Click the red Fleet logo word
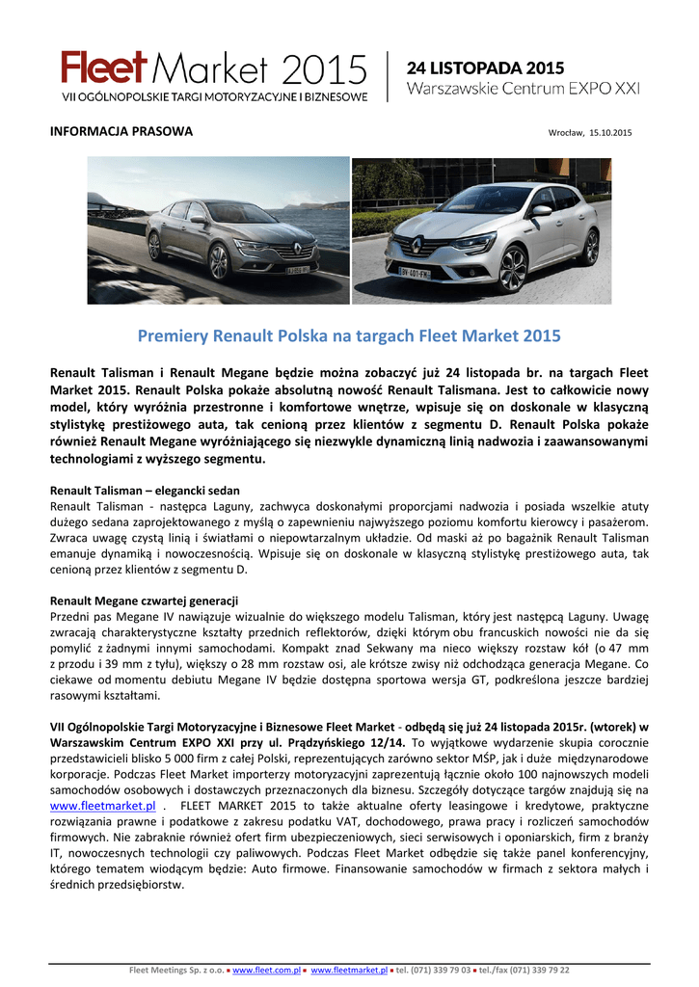click(x=103, y=69)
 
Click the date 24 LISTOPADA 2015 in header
click(x=485, y=67)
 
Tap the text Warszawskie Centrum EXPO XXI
click(x=523, y=89)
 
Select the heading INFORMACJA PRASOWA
click(x=121, y=131)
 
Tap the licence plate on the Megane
click(x=415, y=273)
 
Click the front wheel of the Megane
click(x=513, y=269)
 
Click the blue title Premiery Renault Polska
click(x=349, y=336)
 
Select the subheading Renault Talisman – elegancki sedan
click(x=145, y=491)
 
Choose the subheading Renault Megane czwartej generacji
click(x=144, y=600)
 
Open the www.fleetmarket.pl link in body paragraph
click(x=102, y=805)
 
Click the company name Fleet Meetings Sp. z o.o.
click(x=177, y=970)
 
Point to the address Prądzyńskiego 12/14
click(x=344, y=743)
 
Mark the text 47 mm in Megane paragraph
click(x=631, y=651)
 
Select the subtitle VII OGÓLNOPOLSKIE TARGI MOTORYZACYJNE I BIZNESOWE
click(x=215, y=97)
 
